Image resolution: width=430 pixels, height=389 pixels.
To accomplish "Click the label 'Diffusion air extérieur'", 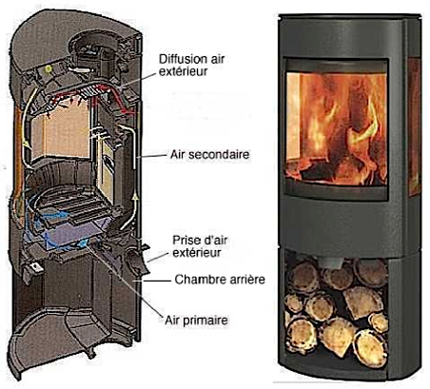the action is pos(191,66).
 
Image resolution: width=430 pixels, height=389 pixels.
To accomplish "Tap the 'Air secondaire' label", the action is pos(209,155).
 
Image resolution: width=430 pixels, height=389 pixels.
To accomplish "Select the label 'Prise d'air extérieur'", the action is pos(200,246).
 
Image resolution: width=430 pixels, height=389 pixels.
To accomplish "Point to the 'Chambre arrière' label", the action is pos(220,280).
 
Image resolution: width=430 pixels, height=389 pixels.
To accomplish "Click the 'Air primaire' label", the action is pos(196,320).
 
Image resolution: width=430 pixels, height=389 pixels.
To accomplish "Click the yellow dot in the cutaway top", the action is pos(49,68).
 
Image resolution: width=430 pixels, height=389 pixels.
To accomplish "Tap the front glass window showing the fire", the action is pos(337,128).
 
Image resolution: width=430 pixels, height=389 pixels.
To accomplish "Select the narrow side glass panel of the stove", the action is pos(414,126).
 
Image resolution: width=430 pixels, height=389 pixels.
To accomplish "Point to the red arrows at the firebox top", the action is pos(92,95).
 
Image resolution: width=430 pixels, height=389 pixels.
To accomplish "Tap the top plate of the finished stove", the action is pos(350,16).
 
